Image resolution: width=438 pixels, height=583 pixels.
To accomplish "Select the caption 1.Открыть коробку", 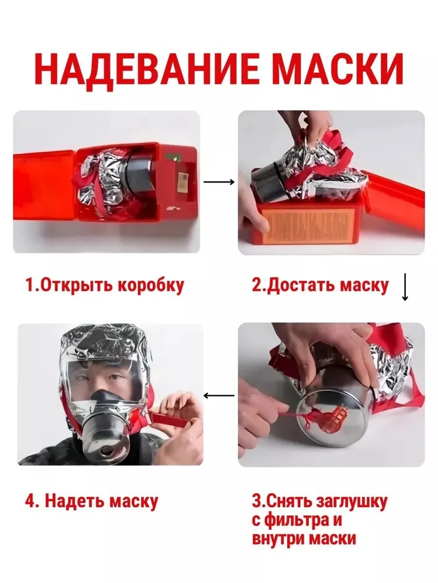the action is click(x=105, y=286).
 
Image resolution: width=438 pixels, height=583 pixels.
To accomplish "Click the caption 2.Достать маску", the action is click(x=320, y=286).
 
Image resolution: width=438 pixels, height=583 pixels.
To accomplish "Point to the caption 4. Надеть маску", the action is click(x=92, y=501).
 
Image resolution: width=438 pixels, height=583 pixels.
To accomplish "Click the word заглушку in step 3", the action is click(x=351, y=502).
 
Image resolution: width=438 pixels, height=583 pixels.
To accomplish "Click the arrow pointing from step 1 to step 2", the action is click(x=219, y=182).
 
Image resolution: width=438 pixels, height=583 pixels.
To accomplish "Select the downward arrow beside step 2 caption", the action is click(x=405, y=287).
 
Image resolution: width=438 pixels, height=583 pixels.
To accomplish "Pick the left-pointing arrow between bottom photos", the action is click(x=219, y=395).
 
